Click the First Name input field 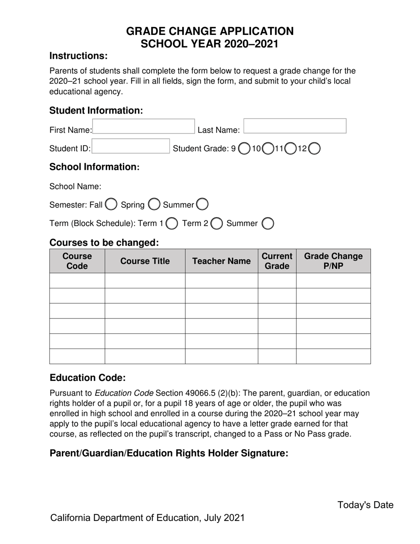(144, 126)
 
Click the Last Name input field (295, 126)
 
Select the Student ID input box (131, 146)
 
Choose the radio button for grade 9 (244, 149)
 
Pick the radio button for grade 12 (314, 149)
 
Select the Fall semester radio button (111, 204)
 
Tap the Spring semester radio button (154, 204)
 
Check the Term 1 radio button (172, 224)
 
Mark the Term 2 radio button (217, 224)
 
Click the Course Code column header (77, 261)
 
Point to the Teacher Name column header (221, 261)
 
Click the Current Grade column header (277, 261)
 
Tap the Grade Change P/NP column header (333, 261)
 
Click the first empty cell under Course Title (145, 280)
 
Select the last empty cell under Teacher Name (221, 356)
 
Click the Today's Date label (365, 505)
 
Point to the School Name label (75, 186)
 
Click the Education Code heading (88, 378)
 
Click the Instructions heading (78, 56)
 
